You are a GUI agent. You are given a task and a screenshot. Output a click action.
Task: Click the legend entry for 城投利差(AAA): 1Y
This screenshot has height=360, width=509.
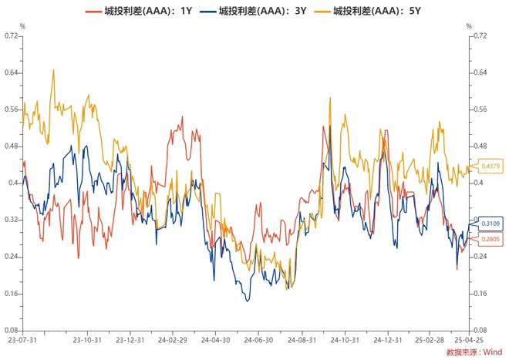pos(139,11)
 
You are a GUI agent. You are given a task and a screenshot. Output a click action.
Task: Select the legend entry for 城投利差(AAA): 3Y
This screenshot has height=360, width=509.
pos(253,11)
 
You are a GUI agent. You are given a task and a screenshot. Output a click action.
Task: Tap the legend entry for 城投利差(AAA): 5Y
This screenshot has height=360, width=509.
pos(367,11)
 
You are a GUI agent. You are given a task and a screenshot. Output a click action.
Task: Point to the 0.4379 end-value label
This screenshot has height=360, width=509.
pos(490,167)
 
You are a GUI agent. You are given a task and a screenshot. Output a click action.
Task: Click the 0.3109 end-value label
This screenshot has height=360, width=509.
pos(490,224)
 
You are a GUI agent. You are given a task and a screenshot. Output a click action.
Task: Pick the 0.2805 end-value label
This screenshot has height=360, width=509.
pos(490,239)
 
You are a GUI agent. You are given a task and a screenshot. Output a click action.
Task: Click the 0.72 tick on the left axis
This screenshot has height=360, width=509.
pos(11,35)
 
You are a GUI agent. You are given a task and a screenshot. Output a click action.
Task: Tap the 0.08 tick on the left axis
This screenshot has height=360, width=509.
pos(11,331)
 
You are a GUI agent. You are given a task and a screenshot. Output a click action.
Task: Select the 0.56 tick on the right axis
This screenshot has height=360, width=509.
pos(480,109)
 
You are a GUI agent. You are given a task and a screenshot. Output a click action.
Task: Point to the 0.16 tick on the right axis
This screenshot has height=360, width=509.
pos(480,294)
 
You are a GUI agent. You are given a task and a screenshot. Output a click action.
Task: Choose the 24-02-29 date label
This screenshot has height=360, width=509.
pos(173,340)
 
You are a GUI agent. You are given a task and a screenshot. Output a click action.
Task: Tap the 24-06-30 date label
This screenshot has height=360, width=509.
pos(258,340)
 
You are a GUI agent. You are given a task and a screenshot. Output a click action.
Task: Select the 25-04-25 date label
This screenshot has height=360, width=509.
pos(469,340)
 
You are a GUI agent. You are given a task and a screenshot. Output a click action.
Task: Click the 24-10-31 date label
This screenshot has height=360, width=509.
pos(345,340)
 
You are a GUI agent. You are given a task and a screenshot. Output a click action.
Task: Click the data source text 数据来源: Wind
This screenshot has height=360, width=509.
pos(474,352)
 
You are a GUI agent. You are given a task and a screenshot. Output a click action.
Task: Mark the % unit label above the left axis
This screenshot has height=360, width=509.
pos(22,26)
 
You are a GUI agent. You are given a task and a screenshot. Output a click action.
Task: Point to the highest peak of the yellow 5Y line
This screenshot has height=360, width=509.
pos(53,69)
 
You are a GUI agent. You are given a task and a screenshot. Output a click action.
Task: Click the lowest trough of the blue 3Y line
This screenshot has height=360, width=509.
pos(248,301)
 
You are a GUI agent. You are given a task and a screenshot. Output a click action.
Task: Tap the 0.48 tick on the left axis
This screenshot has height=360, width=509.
pos(11,146)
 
